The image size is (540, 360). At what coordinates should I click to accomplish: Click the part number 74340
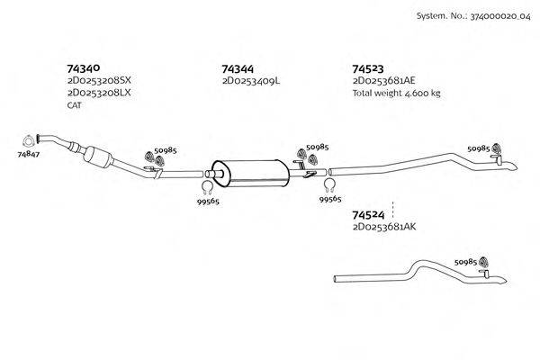coord(83,67)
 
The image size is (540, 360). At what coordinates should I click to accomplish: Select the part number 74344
coord(238,67)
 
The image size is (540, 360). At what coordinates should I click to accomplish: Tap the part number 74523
coord(369,67)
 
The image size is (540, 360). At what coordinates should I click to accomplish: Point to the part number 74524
coord(369,215)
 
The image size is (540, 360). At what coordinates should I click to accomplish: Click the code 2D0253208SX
coord(99,81)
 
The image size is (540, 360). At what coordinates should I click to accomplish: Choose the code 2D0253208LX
coord(99,93)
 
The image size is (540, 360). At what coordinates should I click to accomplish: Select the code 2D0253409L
coord(251,81)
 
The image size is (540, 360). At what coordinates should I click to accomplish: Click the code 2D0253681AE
coord(384,81)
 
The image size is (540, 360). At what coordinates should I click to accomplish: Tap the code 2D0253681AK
coord(384,228)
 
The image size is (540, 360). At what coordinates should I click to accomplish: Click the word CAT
coord(75,105)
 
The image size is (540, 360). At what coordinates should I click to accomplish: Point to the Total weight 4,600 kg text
coord(396,93)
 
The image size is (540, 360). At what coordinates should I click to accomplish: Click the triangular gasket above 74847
coord(29,139)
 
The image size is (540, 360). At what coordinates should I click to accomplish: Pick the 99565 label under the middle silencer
coord(208,201)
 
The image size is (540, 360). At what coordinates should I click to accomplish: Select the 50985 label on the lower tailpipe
coord(466,261)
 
